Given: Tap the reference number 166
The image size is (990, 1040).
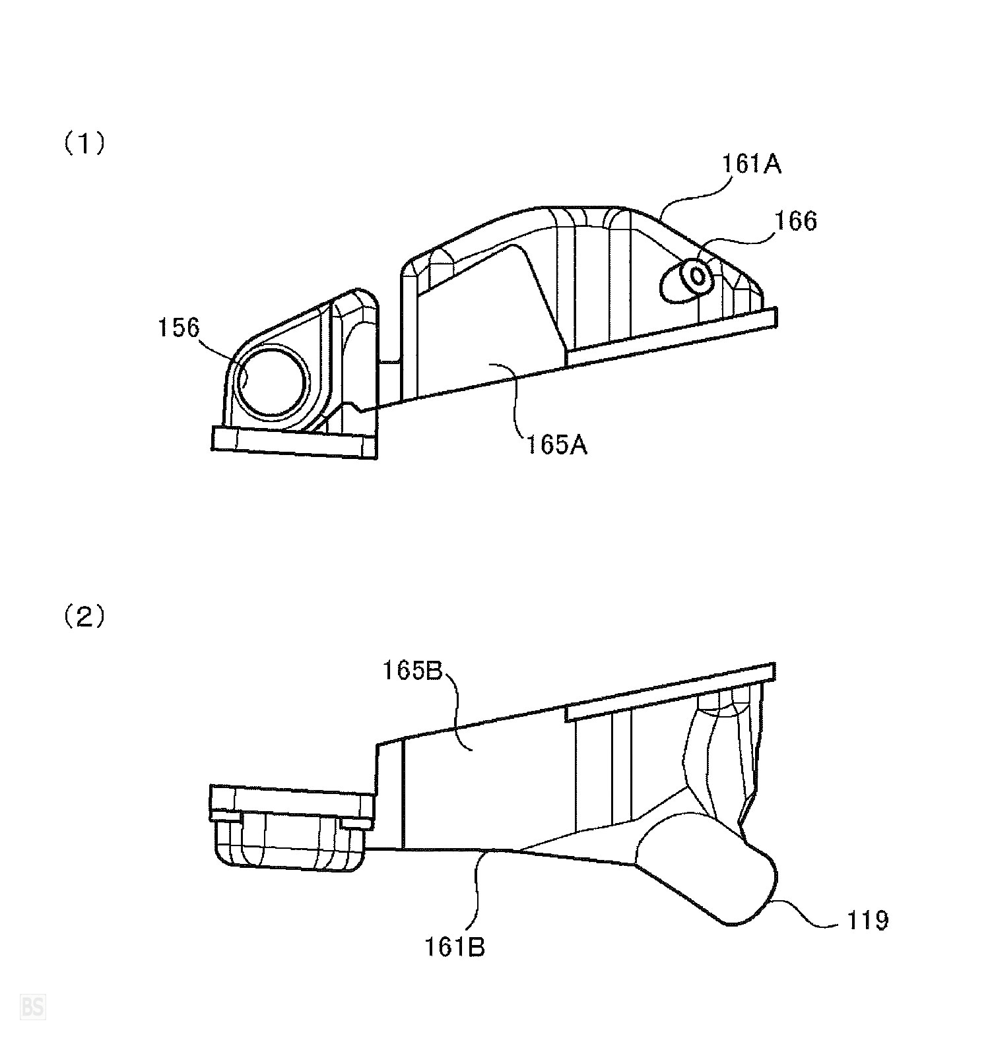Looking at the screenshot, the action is tap(795, 221).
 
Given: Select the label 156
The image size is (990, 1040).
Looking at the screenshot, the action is tap(178, 327).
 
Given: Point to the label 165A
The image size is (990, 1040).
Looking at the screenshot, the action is tap(556, 446).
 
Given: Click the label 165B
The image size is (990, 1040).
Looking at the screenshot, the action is tap(414, 671).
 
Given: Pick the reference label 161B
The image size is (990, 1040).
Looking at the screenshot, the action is tap(454, 947).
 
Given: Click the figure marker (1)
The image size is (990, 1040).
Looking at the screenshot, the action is tap(84, 144).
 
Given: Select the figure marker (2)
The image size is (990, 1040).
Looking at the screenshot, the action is tap(84, 617).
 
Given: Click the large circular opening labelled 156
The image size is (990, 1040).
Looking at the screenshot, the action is tap(273, 382).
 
